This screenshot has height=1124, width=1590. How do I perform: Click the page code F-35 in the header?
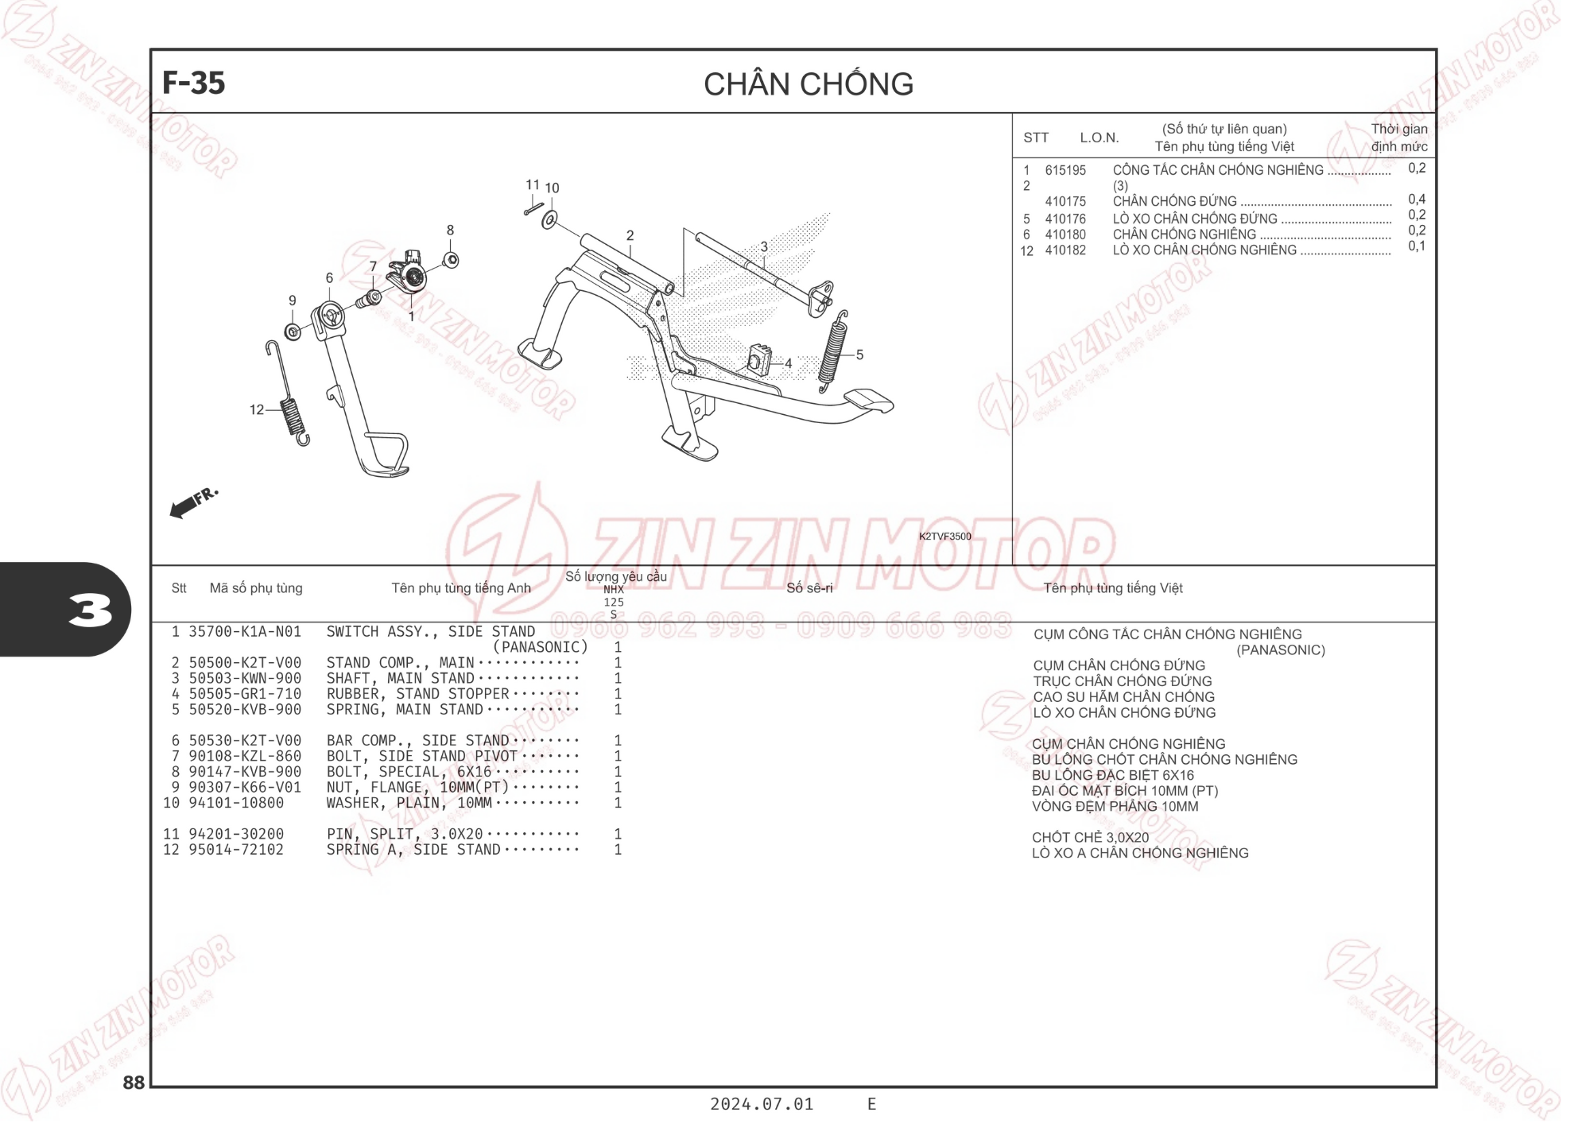click(193, 83)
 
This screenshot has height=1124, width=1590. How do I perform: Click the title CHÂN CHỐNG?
click(809, 83)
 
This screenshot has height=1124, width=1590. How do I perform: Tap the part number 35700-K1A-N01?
click(245, 632)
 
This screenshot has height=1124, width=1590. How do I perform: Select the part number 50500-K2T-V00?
click(245, 663)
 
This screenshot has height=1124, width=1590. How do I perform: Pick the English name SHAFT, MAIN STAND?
click(401, 678)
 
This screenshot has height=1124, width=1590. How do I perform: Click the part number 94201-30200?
click(236, 834)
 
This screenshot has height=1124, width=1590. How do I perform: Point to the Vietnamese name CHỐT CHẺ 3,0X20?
click(1090, 837)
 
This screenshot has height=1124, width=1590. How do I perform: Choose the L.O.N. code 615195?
click(1065, 170)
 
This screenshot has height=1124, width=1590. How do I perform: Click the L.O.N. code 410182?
click(1065, 250)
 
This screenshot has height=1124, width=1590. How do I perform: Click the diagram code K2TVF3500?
click(944, 537)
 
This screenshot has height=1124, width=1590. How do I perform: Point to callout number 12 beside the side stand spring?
click(256, 409)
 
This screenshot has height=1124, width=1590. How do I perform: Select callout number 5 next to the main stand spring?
click(859, 355)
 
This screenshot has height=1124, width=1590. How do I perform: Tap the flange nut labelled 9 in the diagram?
click(293, 331)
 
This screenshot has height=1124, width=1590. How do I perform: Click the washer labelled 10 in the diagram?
click(549, 219)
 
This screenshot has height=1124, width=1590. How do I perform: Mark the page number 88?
click(134, 1083)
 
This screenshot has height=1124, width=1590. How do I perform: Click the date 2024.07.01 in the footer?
click(762, 1104)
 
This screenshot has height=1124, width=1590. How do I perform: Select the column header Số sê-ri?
click(809, 588)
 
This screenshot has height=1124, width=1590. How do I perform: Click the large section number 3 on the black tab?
click(89, 610)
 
